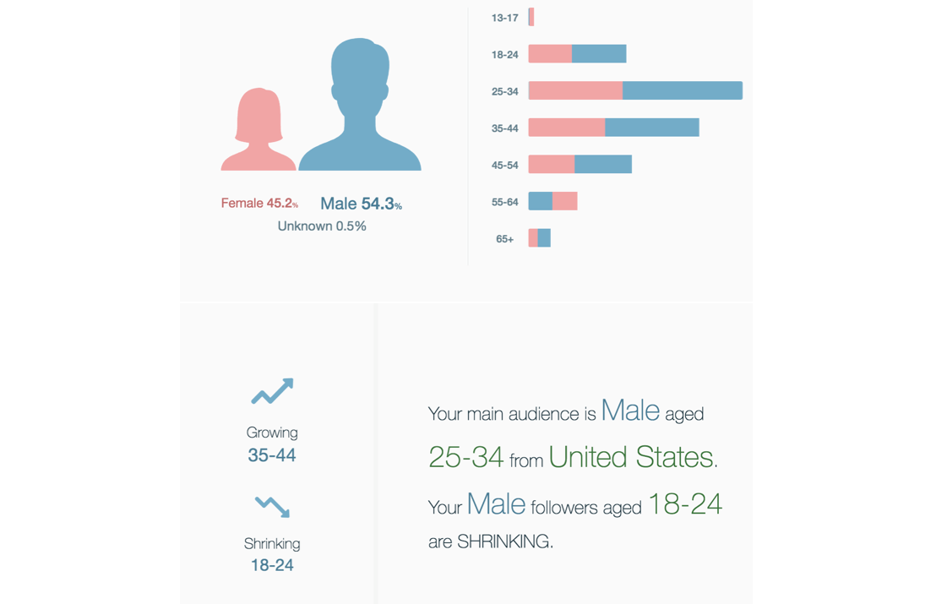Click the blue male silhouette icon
(360, 110)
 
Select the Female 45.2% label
(259, 204)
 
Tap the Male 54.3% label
(361, 204)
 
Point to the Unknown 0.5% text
(322, 226)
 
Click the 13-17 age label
(504, 18)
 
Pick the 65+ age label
(504, 239)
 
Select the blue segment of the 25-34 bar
(683, 91)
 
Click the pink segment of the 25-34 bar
(575, 91)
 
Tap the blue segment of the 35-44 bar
(651, 128)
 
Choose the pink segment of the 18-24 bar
(550, 54)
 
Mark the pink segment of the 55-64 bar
(565, 201)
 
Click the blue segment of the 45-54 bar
(603, 164)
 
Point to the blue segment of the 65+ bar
(544, 238)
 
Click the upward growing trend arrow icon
(272, 392)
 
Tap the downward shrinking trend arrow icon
(272, 506)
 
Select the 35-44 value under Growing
(272, 455)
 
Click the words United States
(631, 457)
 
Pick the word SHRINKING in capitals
(503, 541)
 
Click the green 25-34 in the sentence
(465, 457)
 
